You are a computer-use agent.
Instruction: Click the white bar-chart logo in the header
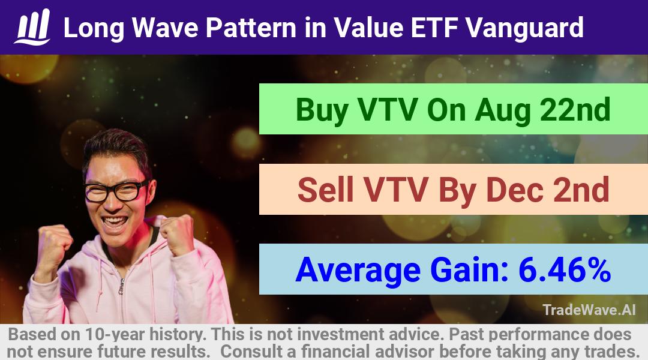click(32, 27)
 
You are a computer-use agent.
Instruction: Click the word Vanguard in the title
click(524, 28)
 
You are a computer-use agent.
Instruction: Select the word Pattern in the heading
click(251, 28)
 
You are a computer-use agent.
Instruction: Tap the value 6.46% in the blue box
click(565, 269)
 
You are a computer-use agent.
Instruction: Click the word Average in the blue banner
click(358, 271)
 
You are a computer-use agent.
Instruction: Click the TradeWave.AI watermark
click(589, 310)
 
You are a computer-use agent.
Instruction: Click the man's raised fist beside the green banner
click(178, 235)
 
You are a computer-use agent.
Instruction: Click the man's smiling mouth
click(115, 222)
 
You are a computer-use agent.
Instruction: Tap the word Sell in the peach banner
click(325, 190)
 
